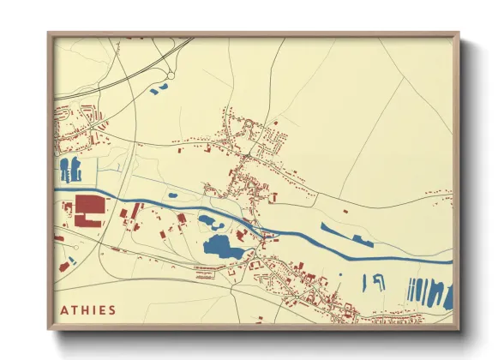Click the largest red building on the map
click(x=89, y=208)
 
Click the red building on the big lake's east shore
click(x=243, y=233)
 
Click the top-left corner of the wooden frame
click(x=50, y=34)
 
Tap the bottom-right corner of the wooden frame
click(x=458, y=328)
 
